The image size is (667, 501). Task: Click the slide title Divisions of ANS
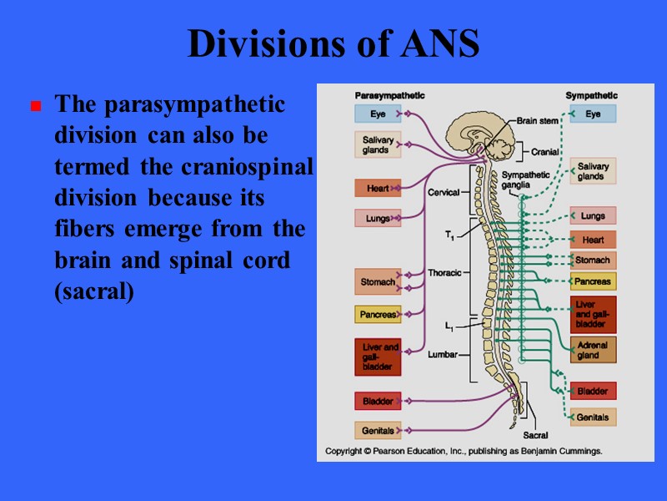333,44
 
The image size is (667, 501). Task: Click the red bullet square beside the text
36,107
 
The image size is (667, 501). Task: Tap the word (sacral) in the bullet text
93,294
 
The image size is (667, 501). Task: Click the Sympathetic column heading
591,95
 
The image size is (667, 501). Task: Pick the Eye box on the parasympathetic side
379,114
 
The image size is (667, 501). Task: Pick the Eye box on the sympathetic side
593,114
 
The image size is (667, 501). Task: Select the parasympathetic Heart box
378,189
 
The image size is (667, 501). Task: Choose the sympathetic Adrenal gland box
593,350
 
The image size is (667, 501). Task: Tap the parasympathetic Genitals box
378,431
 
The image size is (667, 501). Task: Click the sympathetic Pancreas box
593,281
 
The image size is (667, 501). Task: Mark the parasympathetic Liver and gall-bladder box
378,357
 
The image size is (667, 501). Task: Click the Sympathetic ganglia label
526,180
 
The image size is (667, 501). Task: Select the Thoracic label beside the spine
444,273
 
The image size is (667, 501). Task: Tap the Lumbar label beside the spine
443,354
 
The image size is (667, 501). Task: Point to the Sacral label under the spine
535,435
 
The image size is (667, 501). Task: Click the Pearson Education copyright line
463,451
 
